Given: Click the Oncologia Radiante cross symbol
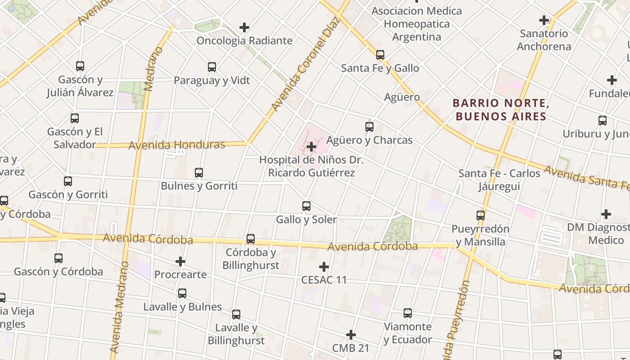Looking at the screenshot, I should [x=244, y=27].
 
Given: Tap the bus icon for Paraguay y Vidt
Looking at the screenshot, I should [x=212, y=67].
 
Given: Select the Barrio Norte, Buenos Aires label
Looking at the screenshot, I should [x=501, y=110].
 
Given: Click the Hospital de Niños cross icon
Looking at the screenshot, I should [x=311, y=147].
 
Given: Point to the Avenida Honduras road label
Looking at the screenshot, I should [x=176, y=145].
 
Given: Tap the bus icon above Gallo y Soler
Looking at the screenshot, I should [x=306, y=206].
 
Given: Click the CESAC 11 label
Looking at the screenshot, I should [x=324, y=280].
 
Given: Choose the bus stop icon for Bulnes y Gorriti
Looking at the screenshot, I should [x=199, y=172].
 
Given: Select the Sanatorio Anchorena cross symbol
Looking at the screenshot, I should [x=544, y=20].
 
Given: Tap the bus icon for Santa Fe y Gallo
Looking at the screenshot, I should [x=380, y=55].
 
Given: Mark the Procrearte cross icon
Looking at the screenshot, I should [x=180, y=261].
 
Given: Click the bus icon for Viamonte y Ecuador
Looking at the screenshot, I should [x=408, y=313].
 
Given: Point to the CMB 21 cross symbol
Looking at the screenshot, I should [x=351, y=335].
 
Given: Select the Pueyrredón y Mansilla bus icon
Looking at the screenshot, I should [x=481, y=216].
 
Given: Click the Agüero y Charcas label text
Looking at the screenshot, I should [x=369, y=140].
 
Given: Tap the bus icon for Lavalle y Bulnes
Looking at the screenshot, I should [x=182, y=293].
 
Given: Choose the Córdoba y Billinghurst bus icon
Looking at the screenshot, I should [x=251, y=239].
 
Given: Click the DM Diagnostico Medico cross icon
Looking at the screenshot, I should [x=606, y=214].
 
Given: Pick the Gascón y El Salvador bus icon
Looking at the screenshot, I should [x=75, y=118].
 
